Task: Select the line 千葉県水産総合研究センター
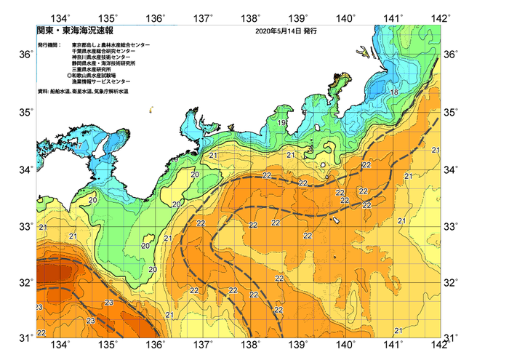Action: click(x=111, y=52)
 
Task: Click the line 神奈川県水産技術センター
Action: click(x=108, y=58)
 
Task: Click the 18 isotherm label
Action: click(x=393, y=92)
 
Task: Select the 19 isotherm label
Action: click(x=281, y=123)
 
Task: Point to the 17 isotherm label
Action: click(x=77, y=146)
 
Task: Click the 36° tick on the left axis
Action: click(x=25, y=55)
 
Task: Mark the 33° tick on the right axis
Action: click(x=452, y=226)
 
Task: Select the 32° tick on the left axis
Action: click(x=25, y=282)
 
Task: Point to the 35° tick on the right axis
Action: click(x=452, y=112)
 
